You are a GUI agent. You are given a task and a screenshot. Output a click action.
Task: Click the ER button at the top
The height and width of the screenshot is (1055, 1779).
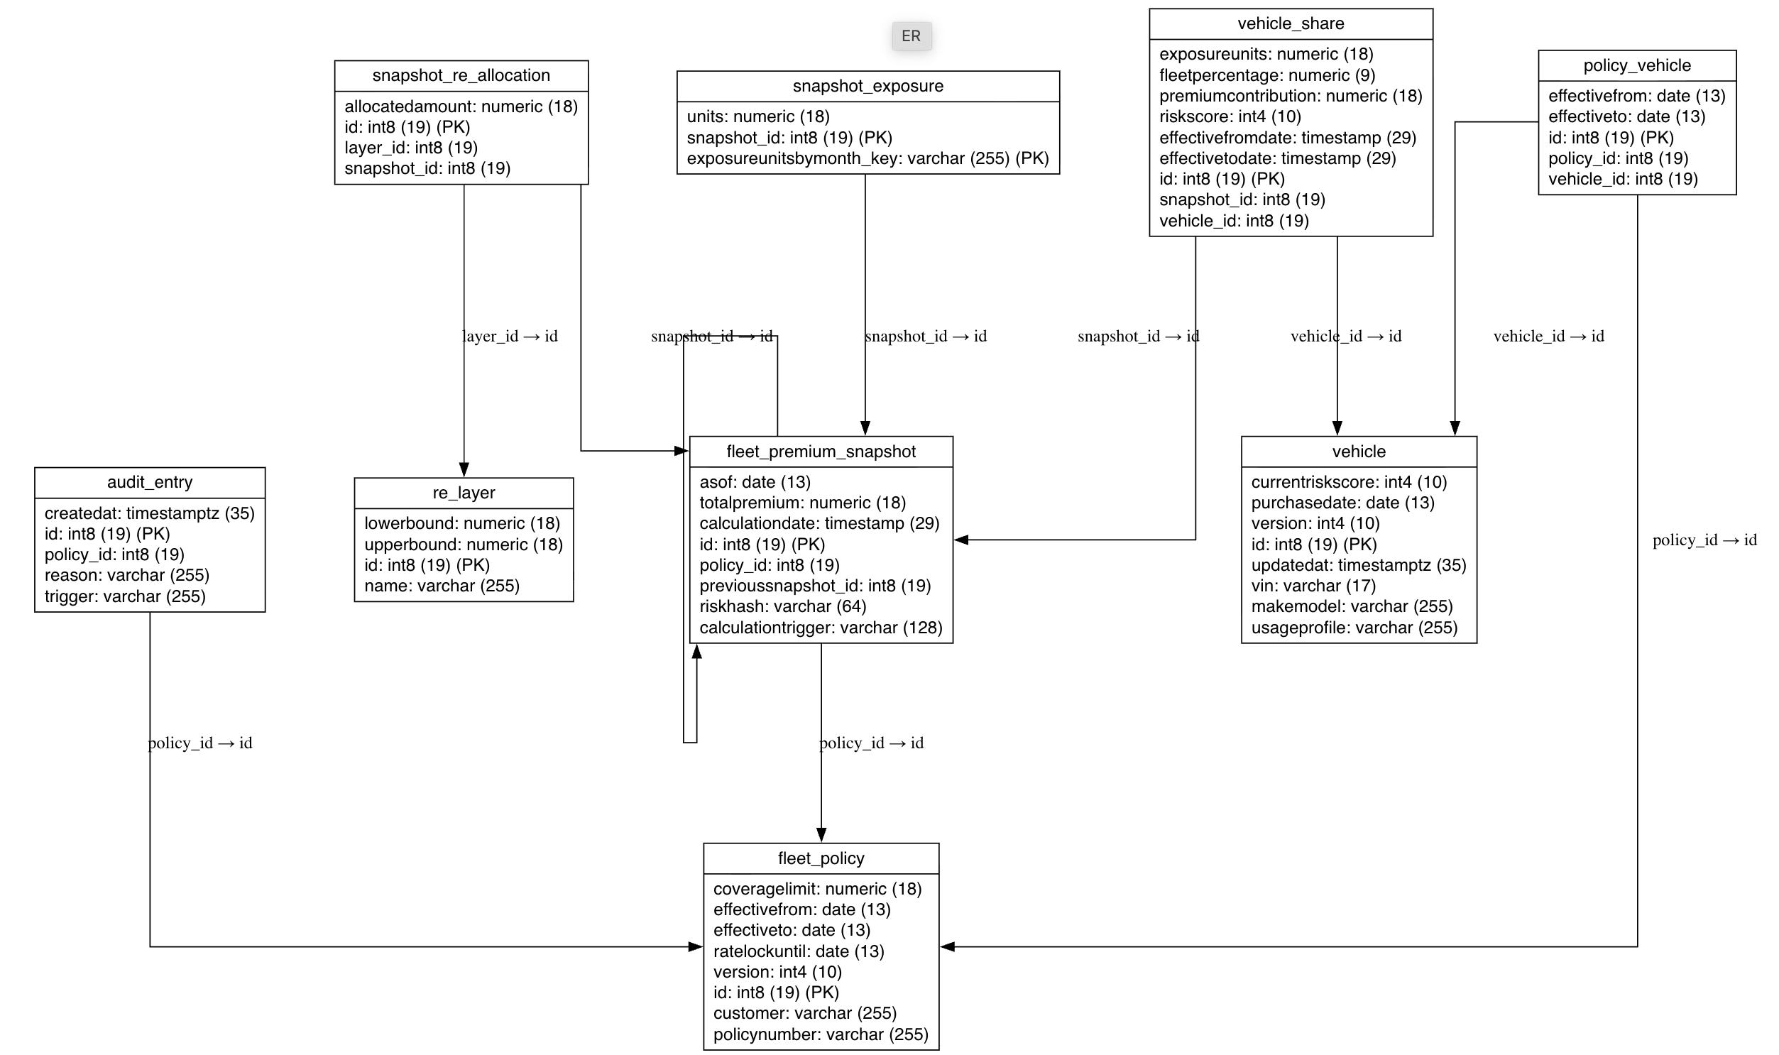912,35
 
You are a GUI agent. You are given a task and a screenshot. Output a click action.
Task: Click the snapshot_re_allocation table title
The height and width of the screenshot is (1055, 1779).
461,75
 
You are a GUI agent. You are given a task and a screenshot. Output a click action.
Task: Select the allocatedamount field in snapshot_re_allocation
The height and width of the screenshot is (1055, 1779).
461,106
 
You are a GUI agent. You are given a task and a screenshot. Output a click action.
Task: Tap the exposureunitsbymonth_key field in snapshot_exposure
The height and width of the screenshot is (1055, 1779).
867,158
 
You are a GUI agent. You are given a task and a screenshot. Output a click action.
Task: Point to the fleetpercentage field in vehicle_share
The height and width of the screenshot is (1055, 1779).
1266,75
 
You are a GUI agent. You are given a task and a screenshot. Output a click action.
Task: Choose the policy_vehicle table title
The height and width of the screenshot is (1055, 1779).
1637,65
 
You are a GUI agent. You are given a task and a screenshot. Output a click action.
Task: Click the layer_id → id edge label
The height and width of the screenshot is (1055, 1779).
510,337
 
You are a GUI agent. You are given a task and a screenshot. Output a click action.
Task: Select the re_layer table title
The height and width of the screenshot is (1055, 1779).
464,493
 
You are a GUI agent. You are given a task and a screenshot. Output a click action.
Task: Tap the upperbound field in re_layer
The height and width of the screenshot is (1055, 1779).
464,545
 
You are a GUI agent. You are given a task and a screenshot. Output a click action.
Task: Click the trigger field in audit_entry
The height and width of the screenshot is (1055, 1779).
125,596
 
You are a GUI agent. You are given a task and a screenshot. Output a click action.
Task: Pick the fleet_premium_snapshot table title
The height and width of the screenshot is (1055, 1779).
821,452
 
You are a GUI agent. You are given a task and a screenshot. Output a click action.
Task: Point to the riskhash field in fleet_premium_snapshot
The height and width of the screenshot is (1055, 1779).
782,606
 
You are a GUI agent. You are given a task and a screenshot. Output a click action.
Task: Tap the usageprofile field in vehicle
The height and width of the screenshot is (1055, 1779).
1354,628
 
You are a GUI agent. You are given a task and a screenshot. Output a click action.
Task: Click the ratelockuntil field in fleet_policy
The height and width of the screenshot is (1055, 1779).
798,951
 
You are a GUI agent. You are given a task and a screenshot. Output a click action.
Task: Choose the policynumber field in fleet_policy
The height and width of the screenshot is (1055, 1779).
820,1034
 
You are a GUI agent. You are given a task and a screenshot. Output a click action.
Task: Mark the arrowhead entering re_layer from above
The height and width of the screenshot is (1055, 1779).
464,470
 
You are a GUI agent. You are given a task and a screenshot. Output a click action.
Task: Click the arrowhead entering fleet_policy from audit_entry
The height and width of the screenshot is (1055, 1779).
696,946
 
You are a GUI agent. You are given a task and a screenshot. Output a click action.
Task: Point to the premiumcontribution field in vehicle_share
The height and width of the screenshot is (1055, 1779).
1290,96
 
